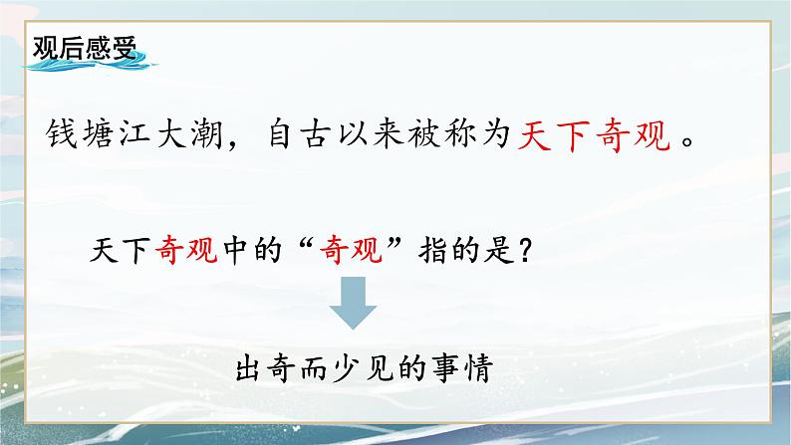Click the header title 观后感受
[83, 50]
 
